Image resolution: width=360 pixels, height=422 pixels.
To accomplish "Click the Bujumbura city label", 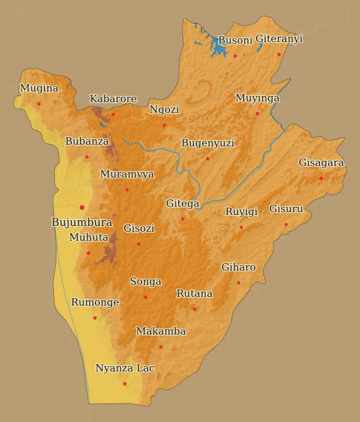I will (x=82, y=222).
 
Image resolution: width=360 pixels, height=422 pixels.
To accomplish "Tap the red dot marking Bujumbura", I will (x=82, y=208).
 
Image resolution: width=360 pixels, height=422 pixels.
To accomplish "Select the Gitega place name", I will (x=182, y=204).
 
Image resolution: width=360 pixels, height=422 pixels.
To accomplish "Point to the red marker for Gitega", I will (x=183, y=219).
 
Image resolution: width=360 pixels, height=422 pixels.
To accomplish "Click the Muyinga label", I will (x=257, y=98).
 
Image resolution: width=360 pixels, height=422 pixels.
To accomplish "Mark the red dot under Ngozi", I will (x=164, y=125).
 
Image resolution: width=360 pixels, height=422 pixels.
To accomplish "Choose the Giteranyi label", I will (x=279, y=39).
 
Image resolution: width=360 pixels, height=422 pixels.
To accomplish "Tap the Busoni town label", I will (x=235, y=40).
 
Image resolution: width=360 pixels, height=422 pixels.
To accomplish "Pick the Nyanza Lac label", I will (x=125, y=368).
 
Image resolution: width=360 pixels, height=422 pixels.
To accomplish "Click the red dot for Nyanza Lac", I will (x=125, y=384).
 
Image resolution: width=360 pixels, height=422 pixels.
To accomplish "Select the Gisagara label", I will (x=321, y=163).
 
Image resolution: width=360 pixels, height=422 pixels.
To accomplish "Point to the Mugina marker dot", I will (x=39, y=104).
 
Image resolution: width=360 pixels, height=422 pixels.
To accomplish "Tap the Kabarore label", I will (x=113, y=99).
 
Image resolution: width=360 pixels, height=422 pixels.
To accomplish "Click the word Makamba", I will (x=161, y=331).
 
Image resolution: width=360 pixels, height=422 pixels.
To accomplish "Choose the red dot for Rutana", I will (x=194, y=309).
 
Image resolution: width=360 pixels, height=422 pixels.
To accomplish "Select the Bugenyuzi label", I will (x=208, y=143).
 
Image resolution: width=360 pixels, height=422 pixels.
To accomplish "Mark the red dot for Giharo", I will (x=238, y=283).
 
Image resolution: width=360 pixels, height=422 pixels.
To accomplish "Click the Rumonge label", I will (x=95, y=303).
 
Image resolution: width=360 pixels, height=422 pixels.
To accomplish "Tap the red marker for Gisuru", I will (x=286, y=225).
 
